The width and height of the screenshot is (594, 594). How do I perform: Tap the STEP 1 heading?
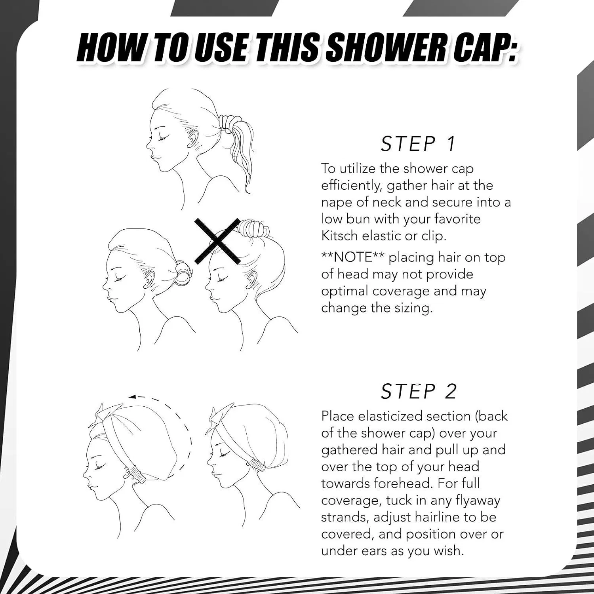418,144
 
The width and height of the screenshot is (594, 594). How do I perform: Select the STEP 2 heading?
419,391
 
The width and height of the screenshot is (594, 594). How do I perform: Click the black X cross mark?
217,241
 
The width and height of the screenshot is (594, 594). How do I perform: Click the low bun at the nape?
183,273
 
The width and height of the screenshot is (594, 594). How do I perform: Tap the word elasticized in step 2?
390,416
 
